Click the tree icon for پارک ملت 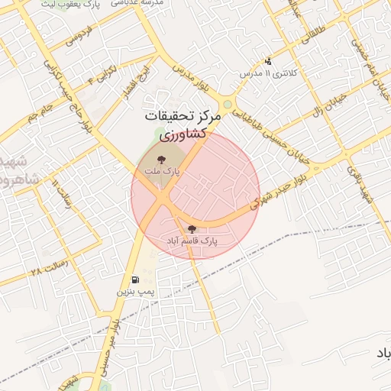(161, 160)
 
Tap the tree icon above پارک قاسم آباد (192, 228)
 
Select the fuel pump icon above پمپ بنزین (135, 280)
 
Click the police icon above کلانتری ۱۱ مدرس (267, 61)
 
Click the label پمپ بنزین (135, 292)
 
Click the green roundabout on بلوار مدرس (227, 105)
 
